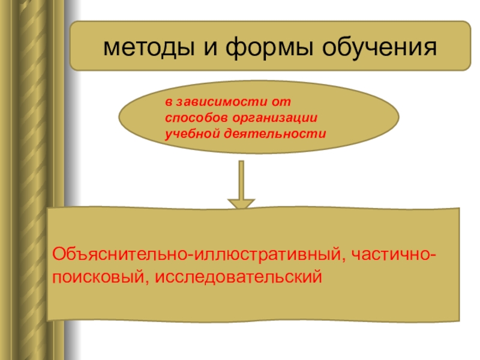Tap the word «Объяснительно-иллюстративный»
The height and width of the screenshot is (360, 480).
tap(197, 256)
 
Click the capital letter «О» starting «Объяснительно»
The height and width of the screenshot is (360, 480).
tap(58, 256)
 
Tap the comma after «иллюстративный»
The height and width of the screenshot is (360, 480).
tap(343, 260)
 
